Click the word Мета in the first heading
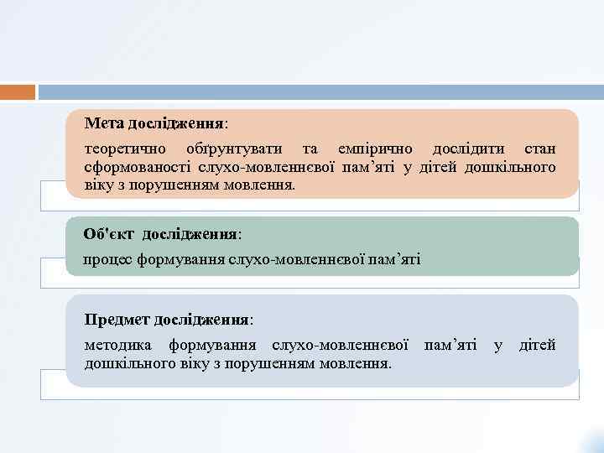click(x=103, y=123)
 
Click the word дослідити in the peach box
click(x=468, y=149)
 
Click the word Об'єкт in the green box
click(x=107, y=234)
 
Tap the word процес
click(x=105, y=261)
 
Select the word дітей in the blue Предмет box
click(x=537, y=346)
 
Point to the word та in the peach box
click(x=310, y=149)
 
